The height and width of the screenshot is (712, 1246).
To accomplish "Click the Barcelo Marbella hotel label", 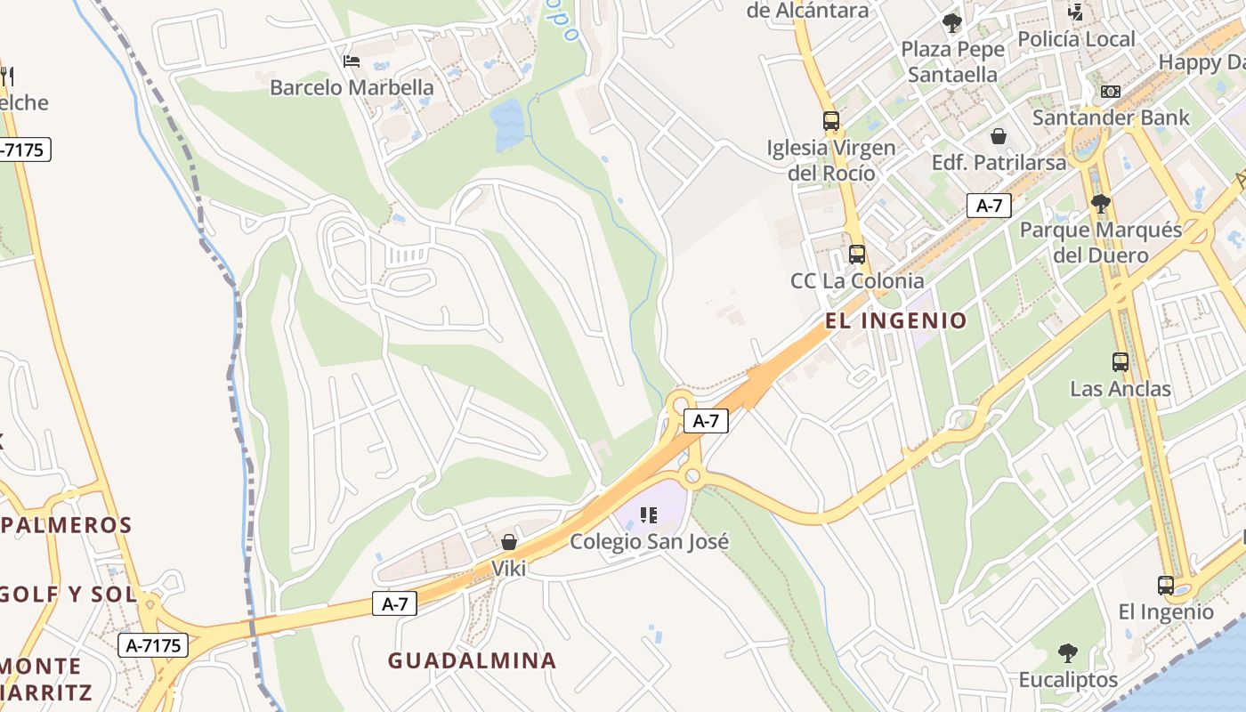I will tap(352, 87).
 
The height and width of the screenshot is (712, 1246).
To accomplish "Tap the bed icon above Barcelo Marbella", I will tap(352, 61).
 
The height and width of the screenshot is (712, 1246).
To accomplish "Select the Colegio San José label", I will tap(649, 541).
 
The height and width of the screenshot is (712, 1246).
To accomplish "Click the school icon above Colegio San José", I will tap(649, 514).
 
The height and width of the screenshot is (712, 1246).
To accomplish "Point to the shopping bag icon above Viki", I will tap(509, 541).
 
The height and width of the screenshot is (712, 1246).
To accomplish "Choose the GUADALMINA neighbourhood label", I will tap(472, 660).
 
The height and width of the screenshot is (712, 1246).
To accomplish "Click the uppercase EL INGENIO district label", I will tap(895, 320).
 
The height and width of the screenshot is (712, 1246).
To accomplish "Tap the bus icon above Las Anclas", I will tap(1120, 362).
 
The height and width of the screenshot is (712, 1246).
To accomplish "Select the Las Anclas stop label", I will tap(1120, 389).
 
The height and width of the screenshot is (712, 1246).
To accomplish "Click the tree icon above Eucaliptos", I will tap(1068, 653).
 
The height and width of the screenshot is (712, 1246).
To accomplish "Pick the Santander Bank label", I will tap(1110, 117).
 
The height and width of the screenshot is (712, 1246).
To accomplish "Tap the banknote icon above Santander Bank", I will tap(1110, 91).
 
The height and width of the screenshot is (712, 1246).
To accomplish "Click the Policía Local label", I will tap(1076, 39).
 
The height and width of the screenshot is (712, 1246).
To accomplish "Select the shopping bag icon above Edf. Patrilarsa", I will tap(999, 136).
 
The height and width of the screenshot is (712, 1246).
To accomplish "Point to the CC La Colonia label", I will tap(857, 281).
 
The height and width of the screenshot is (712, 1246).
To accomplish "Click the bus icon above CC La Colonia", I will tap(857, 255).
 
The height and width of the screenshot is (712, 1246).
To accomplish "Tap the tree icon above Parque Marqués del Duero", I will tap(1100, 204).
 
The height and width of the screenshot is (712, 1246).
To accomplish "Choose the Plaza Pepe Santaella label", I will tap(952, 61).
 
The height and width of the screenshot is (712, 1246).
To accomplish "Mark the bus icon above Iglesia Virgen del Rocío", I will tap(831, 121).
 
